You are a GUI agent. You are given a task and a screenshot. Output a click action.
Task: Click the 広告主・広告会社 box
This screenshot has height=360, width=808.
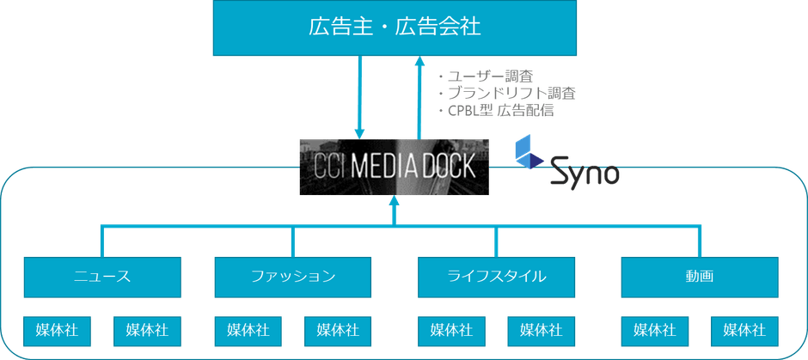coord(395,27)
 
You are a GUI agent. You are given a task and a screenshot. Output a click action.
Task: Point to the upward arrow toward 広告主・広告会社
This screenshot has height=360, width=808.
coord(419,95)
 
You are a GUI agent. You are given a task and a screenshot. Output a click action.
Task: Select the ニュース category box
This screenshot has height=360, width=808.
coord(102,276)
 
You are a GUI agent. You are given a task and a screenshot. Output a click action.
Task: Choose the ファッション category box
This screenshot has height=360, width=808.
coord(293,276)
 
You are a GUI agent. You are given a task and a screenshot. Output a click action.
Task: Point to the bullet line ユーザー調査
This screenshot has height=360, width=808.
coord(487,76)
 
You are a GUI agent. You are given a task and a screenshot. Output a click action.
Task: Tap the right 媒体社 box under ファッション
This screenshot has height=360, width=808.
coord(338,330)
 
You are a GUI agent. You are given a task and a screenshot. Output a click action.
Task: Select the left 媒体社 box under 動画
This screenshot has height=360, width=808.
coord(654,330)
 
